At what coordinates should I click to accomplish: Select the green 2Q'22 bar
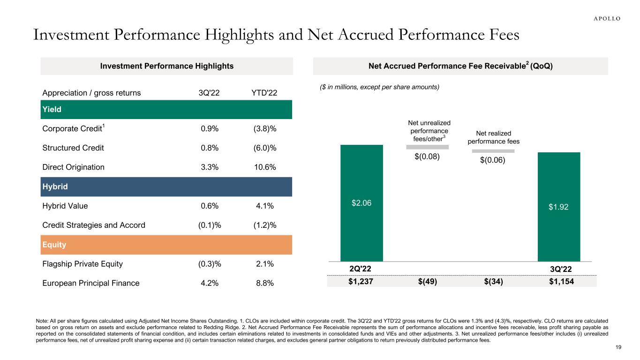point(361,202)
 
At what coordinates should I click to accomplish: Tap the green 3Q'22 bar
point(559,206)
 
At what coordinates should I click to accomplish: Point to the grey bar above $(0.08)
point(427,147)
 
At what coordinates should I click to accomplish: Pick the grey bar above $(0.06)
point(493,151)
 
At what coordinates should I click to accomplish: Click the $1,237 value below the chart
point(361,281)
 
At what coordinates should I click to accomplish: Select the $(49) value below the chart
point(427,281)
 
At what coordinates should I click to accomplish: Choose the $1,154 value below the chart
point(559,281)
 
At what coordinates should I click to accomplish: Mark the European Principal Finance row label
point(90,283)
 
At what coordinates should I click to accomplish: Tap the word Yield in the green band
point(52,110)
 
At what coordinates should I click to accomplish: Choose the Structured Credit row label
point(73,148)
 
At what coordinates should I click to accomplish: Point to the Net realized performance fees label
point(493,137)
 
